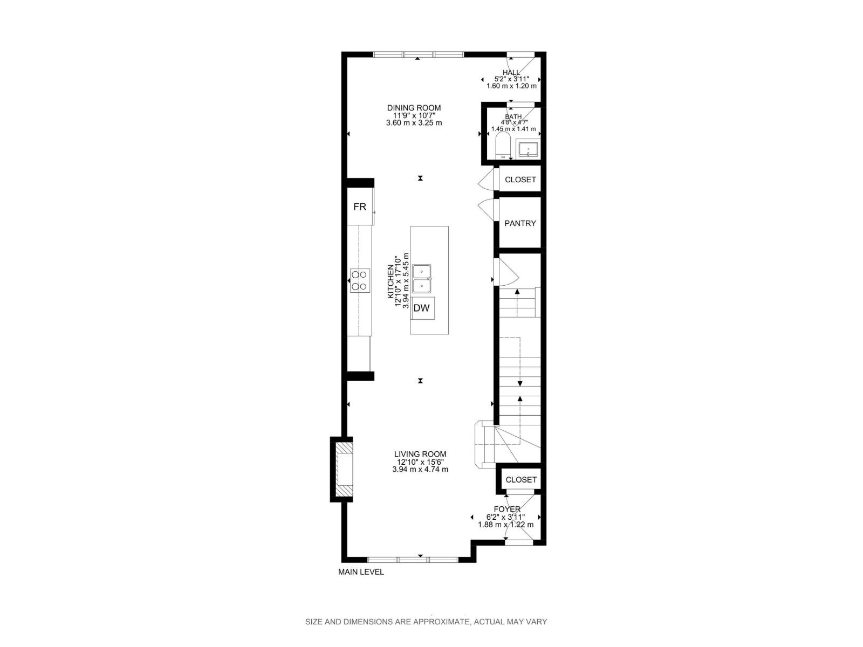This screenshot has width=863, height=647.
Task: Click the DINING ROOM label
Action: point(414,108)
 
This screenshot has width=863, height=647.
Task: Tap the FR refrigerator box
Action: point(360,207)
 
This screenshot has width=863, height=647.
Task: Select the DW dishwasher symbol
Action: point(422,308)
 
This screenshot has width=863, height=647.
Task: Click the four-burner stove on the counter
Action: point(360,280)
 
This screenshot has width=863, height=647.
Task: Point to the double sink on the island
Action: point(422,278)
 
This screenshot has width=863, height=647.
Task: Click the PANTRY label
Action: point(520,223)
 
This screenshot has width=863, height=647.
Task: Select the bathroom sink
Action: point(528,149)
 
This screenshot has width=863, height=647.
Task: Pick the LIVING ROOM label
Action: point(420,454)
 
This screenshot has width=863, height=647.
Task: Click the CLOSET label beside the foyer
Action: point(521,479)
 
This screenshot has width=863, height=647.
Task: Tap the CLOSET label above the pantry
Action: point(520,180)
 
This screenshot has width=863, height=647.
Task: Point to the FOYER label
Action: point(507,509)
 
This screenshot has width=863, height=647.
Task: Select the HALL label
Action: point(511,72)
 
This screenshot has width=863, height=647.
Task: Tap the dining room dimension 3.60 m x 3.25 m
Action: point(414,123)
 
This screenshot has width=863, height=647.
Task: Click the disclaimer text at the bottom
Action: point(426,622)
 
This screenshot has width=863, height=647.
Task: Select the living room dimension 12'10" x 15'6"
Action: point(420,462)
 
